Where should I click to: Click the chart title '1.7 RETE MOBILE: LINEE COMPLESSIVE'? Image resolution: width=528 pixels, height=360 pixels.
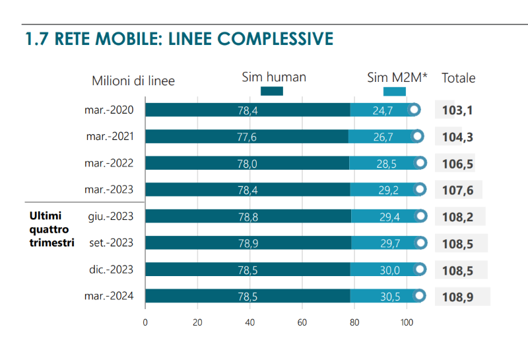pyautogui.click(x=178, y=38)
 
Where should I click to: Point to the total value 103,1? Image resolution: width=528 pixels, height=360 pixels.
pyautogui.click(x=457, y=110)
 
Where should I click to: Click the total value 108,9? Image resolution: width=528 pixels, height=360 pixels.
pyautogui.click(x=457, y=297)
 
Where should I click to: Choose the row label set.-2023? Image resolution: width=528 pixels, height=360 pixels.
pyautogui.click(x=111, y=242)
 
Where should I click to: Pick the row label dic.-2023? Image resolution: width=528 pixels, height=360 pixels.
pyautogui.click(x=110, y=270)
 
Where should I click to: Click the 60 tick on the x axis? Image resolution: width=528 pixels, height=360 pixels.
pyautogui.click(x=302, y=322)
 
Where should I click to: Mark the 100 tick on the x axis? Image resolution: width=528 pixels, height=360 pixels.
pyautogui.click(x=407, y=322)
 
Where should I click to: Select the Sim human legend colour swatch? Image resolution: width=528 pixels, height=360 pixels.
pyautogui.click(x=272, y=91)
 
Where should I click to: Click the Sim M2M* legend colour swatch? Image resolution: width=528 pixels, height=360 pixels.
pyautogui.click(x=394, y=91)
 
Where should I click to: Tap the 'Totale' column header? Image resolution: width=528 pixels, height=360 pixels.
pyautogui.click(x=458, y=77)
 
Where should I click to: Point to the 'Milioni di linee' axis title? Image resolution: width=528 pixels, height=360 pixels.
pyautogui.click(x=133, y=81)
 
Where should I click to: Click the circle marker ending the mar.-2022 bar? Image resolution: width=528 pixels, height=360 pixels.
pyautogui.click(x=420, y=163)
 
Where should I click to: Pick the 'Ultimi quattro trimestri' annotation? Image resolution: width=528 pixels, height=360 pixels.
pyautogui.click(x=51, y=229)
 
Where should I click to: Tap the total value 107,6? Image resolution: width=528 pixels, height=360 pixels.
pyautogui.click(x=457, y=190)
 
